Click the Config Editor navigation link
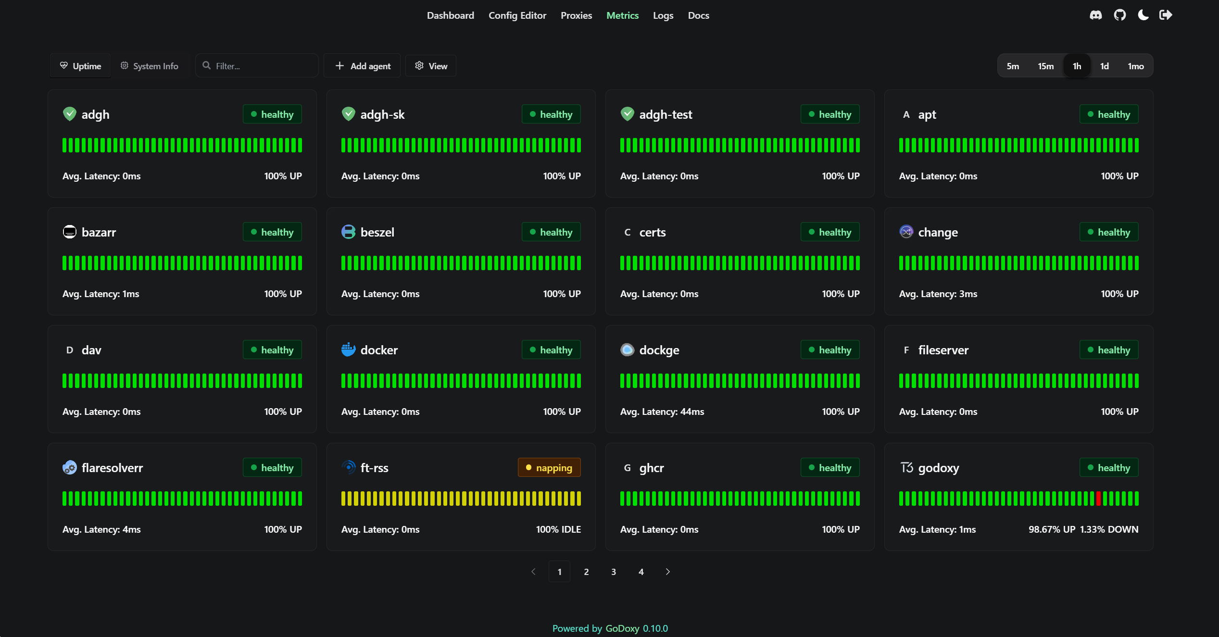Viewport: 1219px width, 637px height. (517, 15)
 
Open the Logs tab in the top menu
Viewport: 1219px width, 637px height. (663, 15)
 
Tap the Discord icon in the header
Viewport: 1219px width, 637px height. (1095, 15)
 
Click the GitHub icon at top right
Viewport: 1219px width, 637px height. (1119, 15)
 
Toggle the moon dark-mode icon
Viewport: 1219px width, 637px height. (1143, 15)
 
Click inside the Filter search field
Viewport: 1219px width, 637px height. (260, 66)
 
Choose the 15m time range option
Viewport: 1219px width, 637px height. (1045, 66)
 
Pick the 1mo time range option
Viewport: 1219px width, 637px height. (1135, 66)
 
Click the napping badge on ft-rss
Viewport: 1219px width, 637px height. (549, 468)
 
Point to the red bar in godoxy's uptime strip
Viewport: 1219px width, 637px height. (1098, 499)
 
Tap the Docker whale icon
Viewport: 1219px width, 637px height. (348, 350)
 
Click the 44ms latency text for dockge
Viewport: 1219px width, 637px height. (692, 412)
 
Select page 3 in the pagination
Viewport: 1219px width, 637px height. (614, 572)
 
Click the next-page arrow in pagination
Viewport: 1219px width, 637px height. (667, 572)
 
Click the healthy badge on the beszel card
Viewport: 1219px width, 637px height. (551, 232)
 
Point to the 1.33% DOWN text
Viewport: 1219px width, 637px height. (1109, 529)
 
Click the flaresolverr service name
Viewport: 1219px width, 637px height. (112, 468)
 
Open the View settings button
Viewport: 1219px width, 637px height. (431, 66)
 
